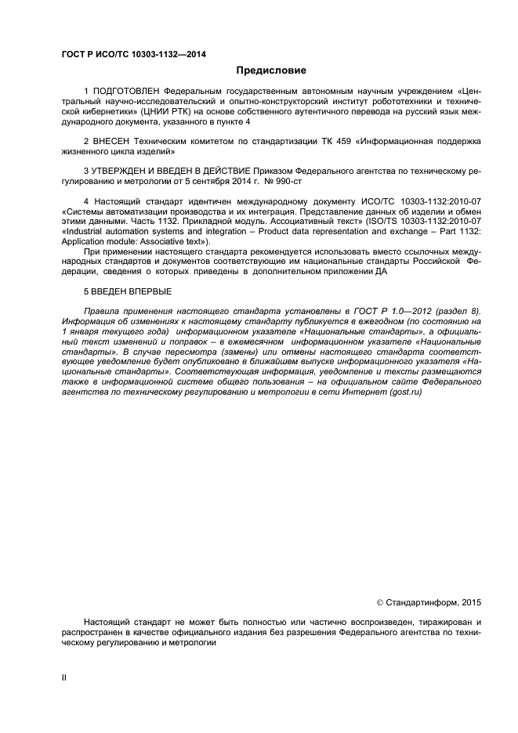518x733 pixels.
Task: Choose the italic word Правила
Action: pos(102,311)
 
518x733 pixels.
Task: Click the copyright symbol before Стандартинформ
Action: pos(381,602)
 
